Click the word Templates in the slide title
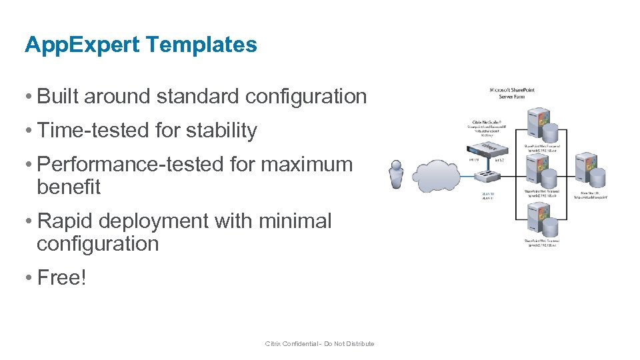[x=200, y=45]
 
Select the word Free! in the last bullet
[x=62, y=277]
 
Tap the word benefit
[x=69, y=187]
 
